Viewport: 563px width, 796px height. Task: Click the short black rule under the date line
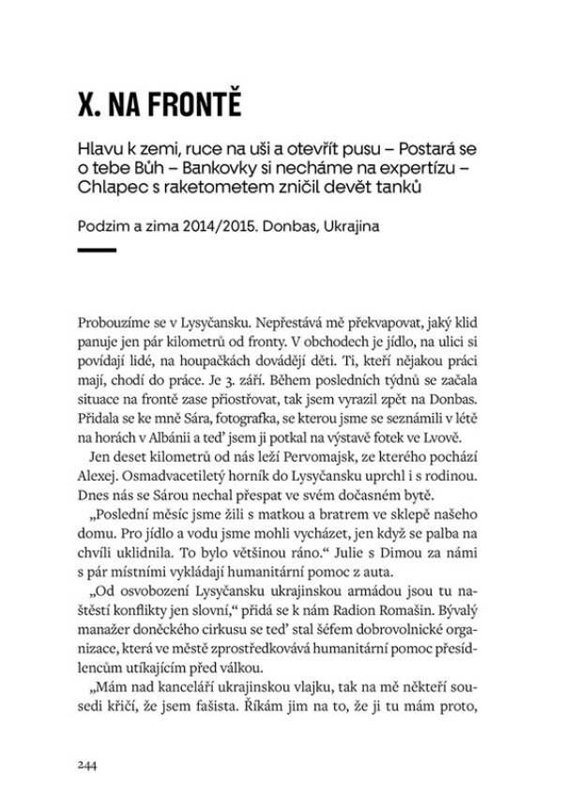point(97,250)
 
